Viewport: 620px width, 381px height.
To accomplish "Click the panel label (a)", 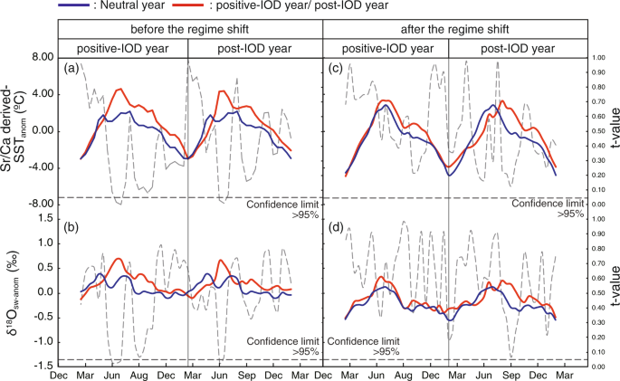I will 72,69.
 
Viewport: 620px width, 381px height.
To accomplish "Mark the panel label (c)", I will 336,69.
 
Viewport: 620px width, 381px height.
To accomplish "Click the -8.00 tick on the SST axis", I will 41,205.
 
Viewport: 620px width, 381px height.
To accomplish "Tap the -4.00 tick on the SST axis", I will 41,167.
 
